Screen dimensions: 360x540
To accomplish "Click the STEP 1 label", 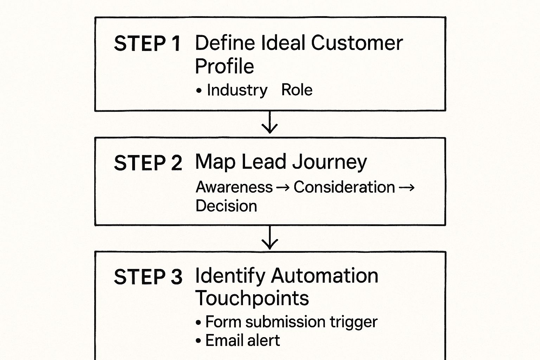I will tap(147, 44).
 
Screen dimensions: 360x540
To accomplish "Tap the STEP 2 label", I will tap(148, 163).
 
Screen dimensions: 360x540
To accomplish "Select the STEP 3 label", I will tap(148, 277).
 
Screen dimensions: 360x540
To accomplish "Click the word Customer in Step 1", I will tap(356, 43).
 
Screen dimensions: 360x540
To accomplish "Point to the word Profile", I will tap(224, 66).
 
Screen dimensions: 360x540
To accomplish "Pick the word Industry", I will tap(237, 90).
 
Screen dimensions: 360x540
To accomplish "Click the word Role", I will tap(297, 90).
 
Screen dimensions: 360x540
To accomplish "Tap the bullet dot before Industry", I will tap(199, 91).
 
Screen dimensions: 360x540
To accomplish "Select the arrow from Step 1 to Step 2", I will tap(270, 123).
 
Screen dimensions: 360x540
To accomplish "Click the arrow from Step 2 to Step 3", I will tap(270, 238).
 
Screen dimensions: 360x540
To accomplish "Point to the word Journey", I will tap(329, 163).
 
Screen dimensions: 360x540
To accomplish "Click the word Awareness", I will tap(234, 187).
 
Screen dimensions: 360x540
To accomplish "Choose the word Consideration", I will tap(344, 187).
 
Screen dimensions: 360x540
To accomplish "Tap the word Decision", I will tap(226, 206).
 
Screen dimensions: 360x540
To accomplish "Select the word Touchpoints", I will tap(252, 298).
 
